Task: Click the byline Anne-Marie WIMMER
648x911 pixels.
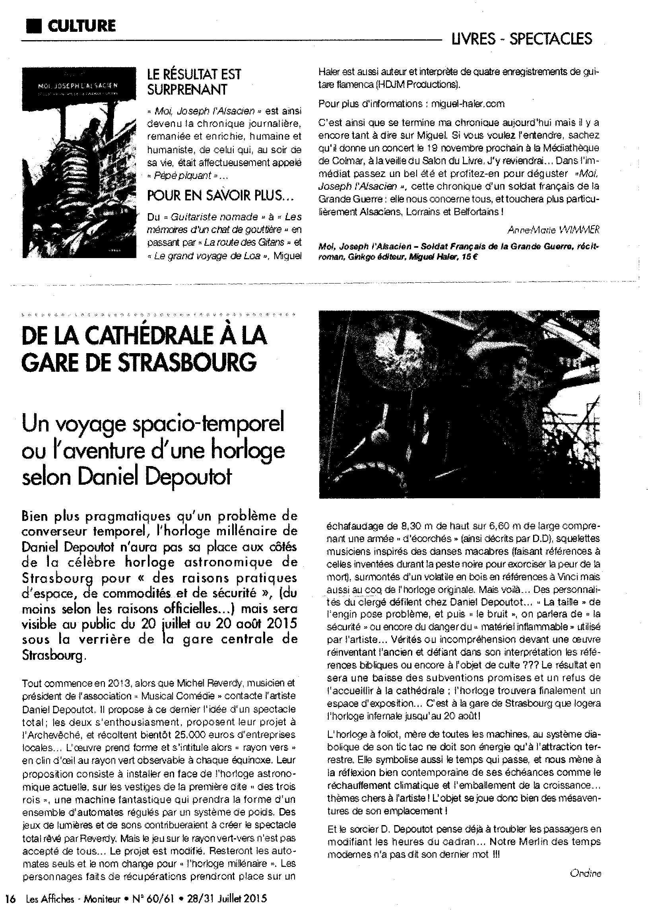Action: click(554, 229)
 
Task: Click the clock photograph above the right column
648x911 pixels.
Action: click(459, 404)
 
